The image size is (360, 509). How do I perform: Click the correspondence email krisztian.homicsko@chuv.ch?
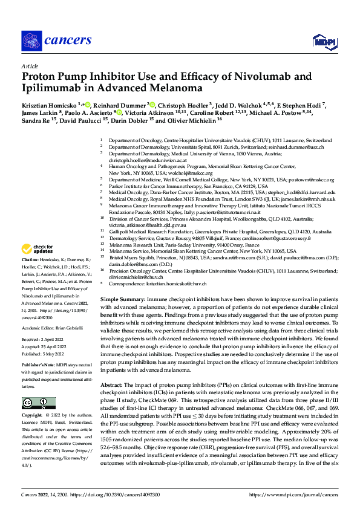point(178,283)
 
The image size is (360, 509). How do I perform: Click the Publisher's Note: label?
point(38,366)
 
